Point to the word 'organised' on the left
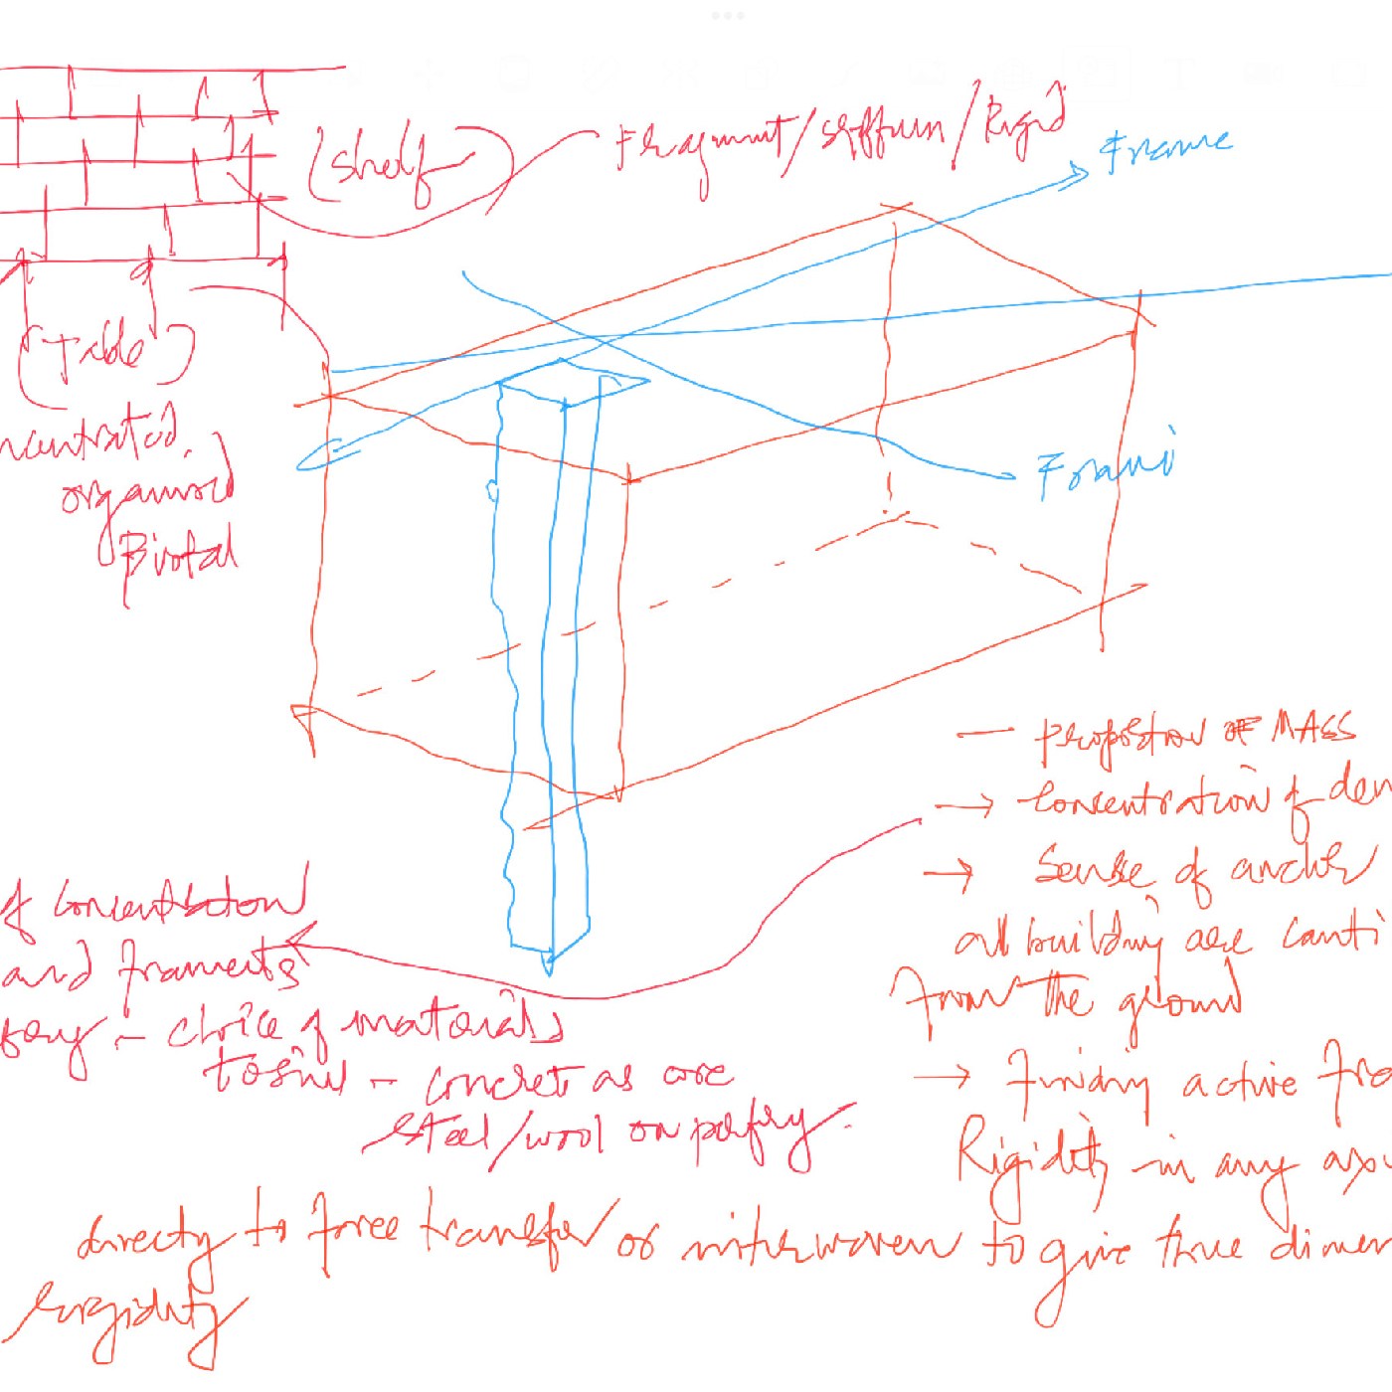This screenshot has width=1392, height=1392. point(144,487)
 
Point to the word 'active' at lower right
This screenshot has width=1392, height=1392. point(1239,1084)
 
